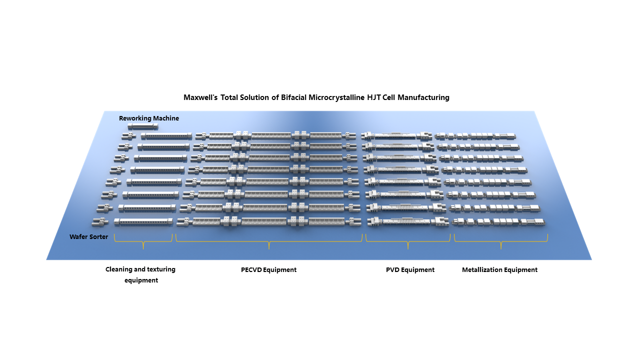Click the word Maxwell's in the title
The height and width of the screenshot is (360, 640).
point(200,97)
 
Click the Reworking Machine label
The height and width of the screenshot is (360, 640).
point(149,118)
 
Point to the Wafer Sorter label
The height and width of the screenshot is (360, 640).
point(88,236)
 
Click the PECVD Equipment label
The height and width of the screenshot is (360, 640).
point(268,270)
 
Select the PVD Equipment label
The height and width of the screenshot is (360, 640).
point(410,270)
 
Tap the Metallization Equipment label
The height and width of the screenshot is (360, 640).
point(499,270)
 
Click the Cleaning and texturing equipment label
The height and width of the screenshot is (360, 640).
point(140,274)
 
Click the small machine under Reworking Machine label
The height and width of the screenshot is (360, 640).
point(143,126)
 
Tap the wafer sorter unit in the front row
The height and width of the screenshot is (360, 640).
point(100,221)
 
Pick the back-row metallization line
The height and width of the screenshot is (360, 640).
point(475,135)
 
